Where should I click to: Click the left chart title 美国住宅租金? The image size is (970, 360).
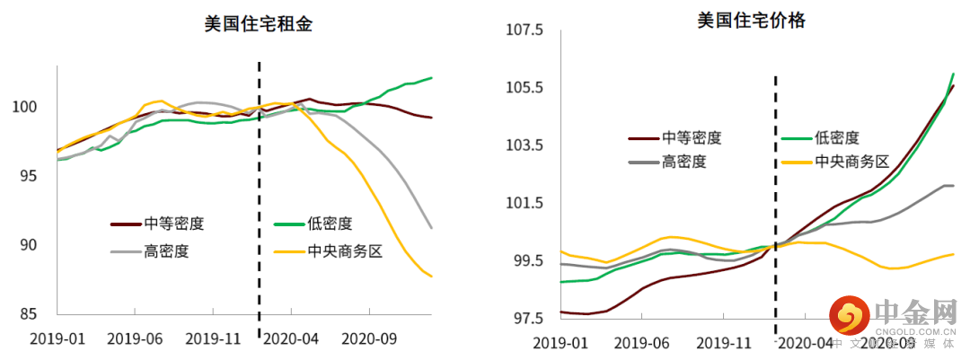coord(258,24)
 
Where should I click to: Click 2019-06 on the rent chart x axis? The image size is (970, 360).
coord(134,338)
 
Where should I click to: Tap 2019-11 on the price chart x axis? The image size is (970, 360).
coord(725,343)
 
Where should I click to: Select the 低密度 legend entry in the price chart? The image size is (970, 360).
coord(838,138)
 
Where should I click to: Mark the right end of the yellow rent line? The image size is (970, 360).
coord(432,277)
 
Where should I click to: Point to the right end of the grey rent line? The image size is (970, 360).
coord(432,228)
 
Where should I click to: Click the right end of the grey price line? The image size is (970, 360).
coord(952,186)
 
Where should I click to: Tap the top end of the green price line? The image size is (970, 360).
coord(953,74)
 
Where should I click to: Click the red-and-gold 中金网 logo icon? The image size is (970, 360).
coord(849,315)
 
